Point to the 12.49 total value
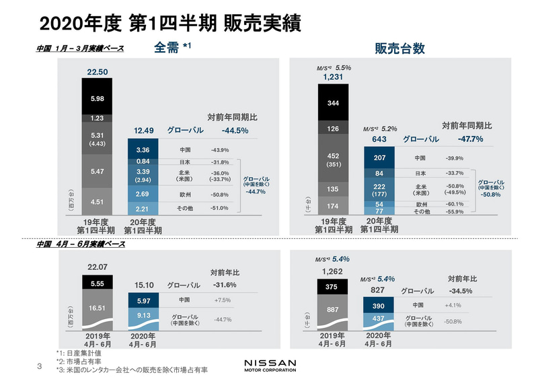click(142, 131)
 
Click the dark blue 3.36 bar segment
click(142, 149)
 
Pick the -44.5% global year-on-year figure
click(235, 131)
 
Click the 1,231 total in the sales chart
click(333, 77)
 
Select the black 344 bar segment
click(333, 103)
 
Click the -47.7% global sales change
click(470, 139)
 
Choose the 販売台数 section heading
click(399, 48)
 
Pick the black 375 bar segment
click(333, 287)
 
